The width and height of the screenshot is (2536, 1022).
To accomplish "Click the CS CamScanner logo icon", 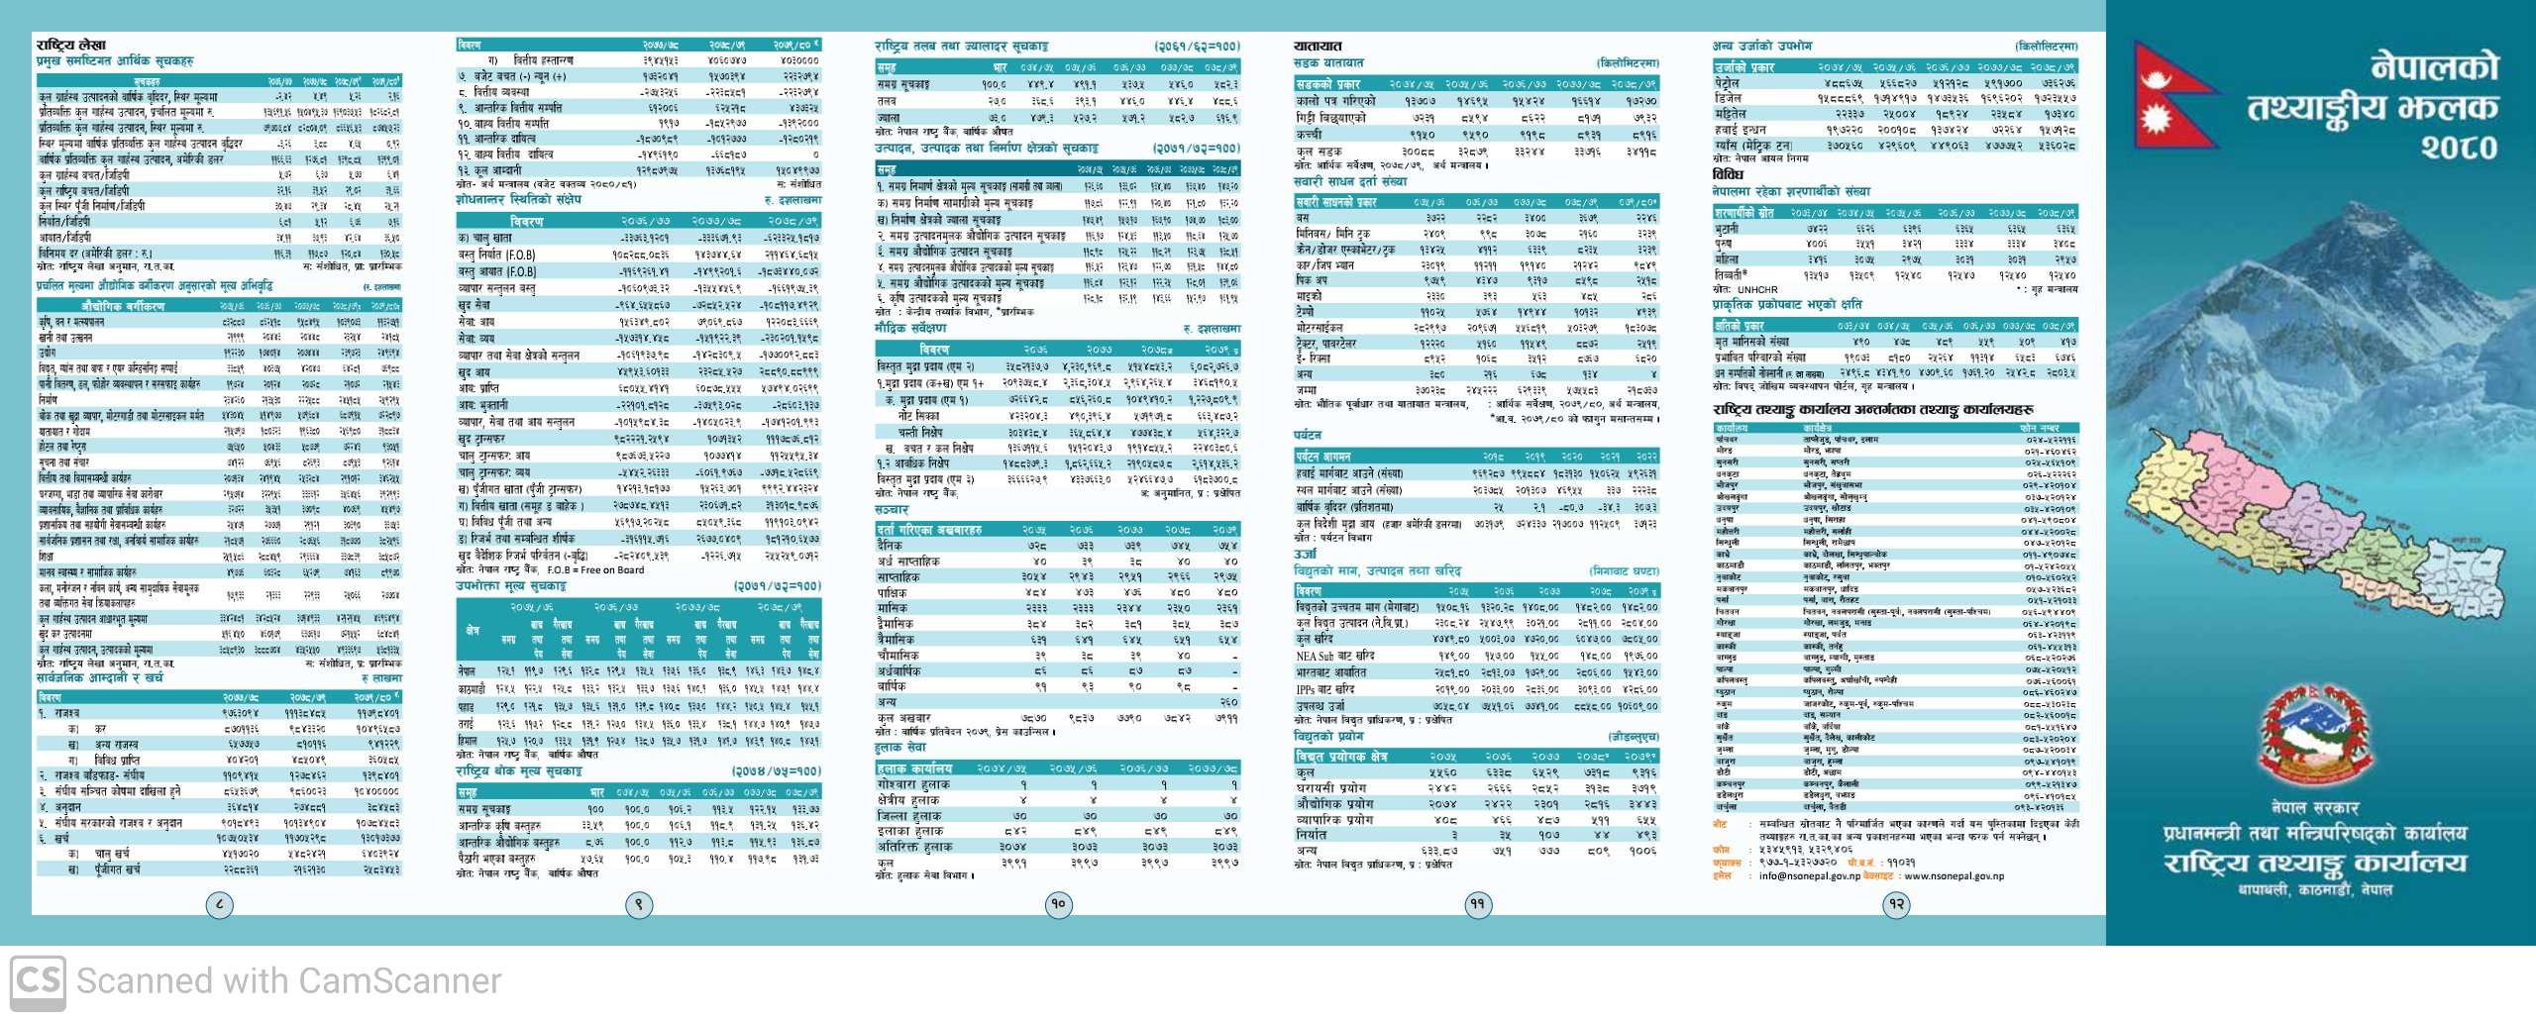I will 38,980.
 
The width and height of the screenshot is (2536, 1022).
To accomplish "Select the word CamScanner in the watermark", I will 399,981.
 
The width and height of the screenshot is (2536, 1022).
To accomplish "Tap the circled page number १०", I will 1059,903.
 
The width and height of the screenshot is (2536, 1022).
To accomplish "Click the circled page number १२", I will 1897,903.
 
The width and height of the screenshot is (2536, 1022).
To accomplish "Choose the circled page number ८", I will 219,903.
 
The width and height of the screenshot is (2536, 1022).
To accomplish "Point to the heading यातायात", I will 1318,46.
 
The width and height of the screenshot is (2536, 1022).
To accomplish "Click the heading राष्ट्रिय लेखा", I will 70,45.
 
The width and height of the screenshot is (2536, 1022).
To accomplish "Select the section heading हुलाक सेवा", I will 900,748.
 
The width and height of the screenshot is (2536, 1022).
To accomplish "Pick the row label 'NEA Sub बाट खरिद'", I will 1334,656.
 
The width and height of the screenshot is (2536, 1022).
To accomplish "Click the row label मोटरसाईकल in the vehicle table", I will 1320,327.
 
